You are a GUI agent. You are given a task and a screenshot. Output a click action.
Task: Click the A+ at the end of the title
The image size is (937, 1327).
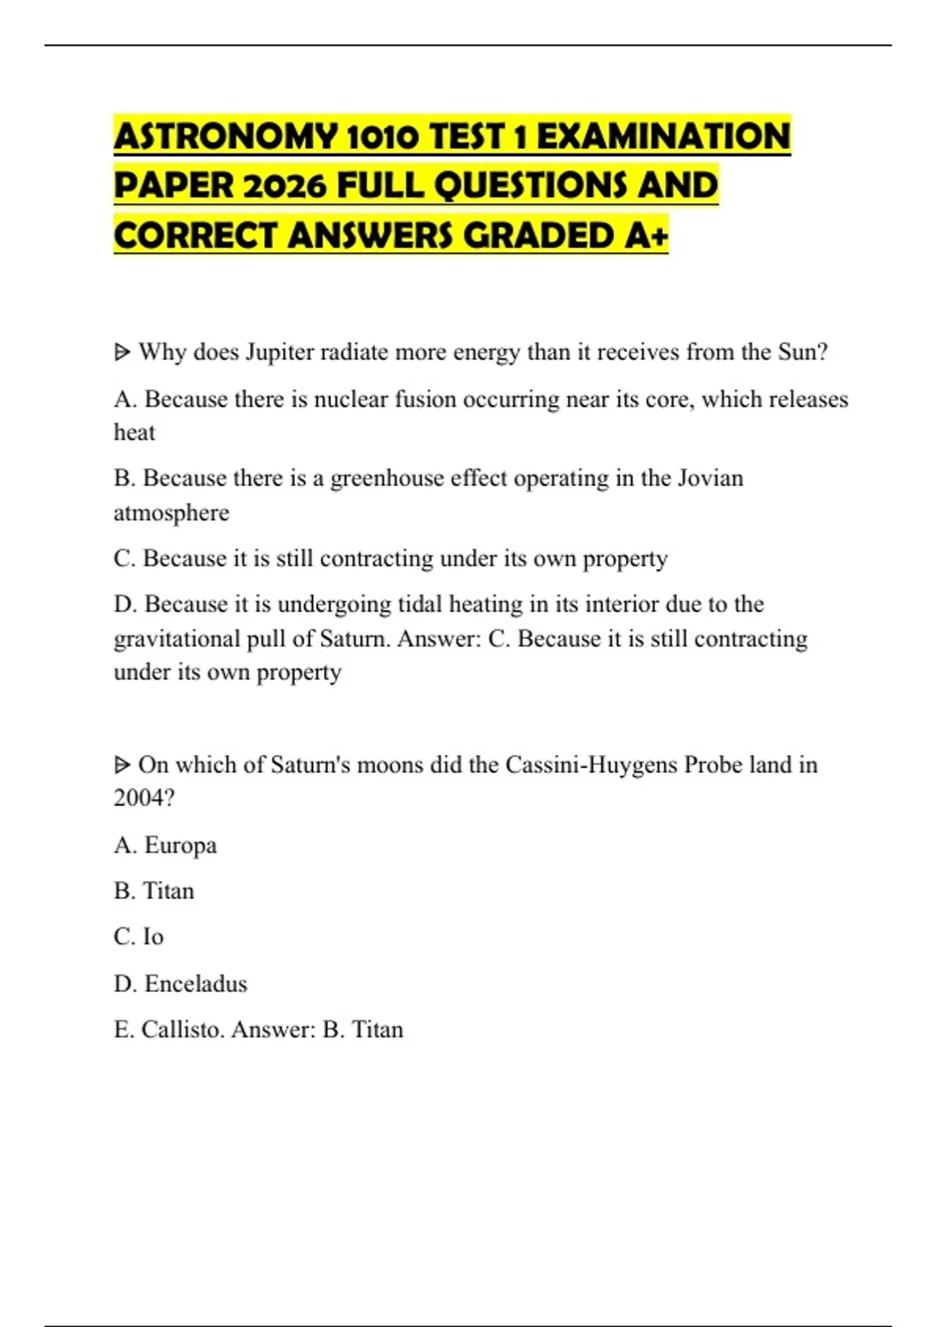(x=647, y=237)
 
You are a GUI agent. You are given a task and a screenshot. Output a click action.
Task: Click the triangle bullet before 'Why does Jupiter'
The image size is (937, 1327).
(x=122, y=353)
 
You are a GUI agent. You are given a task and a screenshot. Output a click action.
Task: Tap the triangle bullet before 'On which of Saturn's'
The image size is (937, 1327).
(x=122, y=765)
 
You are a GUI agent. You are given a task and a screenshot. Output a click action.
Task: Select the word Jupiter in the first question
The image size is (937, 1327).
(x=279, y=353)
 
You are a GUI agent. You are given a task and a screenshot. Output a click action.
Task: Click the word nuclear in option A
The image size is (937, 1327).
(x=351, y=400)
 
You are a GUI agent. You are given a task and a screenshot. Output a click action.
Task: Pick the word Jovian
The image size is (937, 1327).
(x=710, y=478)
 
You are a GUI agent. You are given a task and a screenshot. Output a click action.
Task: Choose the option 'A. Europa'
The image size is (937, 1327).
(x=166, y=845)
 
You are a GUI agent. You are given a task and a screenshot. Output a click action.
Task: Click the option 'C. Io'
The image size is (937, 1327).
(x=139, y=937)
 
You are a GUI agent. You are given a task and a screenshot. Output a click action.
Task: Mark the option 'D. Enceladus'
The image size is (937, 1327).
(x=180, y=984)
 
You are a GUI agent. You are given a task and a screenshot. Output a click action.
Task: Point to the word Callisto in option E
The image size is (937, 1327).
(x=183, y=1030)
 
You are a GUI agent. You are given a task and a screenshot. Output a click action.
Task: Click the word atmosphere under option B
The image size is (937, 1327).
(x=172, y=513)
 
